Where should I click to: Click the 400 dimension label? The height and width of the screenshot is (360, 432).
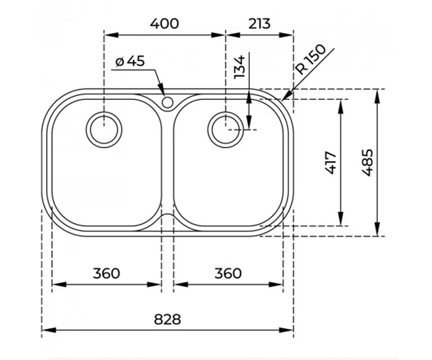[164, 24]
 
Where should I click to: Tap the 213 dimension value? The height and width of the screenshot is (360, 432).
[259, 24]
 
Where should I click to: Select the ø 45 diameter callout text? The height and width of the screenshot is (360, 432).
[130, 61]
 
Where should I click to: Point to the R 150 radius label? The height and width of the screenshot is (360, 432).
[310, 60]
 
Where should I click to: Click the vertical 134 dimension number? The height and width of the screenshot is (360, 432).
[239, 67]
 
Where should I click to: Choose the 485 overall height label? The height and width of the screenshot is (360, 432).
[368, 163]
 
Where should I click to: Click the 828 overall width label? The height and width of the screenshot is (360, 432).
[167, 319]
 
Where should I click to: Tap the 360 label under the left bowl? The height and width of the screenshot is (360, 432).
[106, 273]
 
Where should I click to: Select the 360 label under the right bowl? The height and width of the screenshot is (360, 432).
[228, 273]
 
